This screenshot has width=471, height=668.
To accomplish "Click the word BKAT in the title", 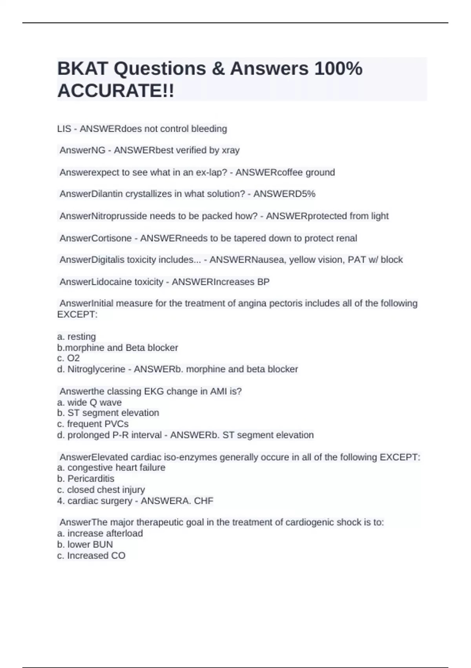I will tap(82, 68).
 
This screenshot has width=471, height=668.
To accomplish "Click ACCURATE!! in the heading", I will tap(115, 91).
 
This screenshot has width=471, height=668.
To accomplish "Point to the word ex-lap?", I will tap(212, 172).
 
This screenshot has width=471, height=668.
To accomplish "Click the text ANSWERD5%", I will tap(284, 194).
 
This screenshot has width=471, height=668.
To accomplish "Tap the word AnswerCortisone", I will tap(95, 238).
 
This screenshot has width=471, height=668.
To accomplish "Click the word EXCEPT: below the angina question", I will tap(77, 314).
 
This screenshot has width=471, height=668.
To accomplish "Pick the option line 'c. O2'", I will tap(68, 358).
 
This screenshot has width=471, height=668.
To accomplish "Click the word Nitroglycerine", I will tap(97, 369).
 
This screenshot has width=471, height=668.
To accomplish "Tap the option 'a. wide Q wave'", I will tap(89, 402).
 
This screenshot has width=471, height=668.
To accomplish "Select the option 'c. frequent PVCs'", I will tap(93, 424).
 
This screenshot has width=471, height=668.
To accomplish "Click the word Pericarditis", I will tap(91, 479).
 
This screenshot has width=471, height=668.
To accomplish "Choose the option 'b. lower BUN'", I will tap(85, 544).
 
